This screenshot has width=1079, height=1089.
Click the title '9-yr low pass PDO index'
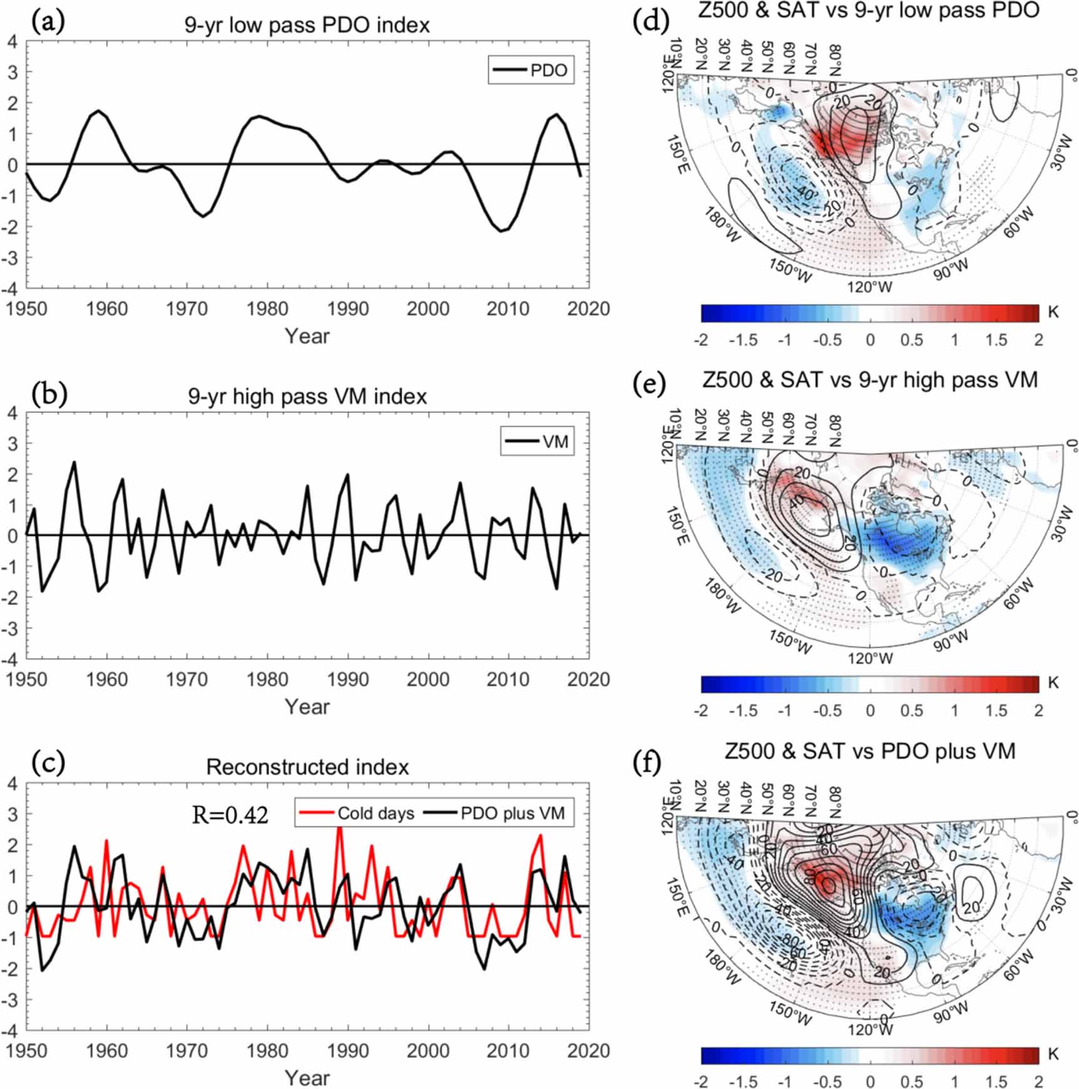[307, 25]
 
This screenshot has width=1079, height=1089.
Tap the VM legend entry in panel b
[537, 442]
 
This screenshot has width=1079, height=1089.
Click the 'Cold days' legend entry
[357, 813]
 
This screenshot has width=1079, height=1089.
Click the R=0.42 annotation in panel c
[230, 814]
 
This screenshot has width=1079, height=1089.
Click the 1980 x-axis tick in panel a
[267, 308]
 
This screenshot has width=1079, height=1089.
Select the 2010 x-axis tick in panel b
[508, 679]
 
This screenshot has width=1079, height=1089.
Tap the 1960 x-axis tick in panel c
[106, 1050]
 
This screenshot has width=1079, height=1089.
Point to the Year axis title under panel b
[307, 707]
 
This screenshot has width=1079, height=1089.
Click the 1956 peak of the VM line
[74, 463]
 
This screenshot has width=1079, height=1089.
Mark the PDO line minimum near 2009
[501, 231]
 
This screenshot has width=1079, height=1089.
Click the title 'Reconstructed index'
[307, 767]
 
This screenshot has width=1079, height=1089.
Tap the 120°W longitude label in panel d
[870, 287]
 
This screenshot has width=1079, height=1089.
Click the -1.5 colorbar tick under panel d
[743, 340]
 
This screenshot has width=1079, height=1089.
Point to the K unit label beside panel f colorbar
[1053, 1054]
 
